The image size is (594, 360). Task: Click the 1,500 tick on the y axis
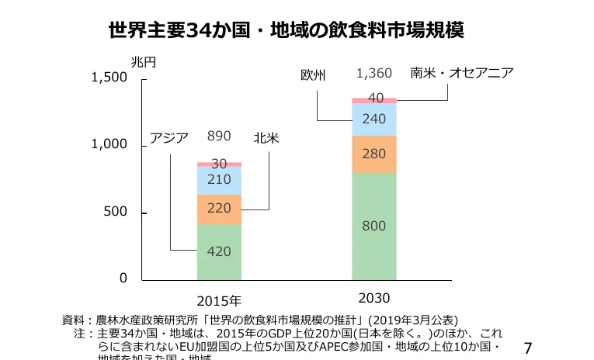click(x=109, y=78)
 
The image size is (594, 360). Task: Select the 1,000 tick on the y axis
click(x=109, y=145)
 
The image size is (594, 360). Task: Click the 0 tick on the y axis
click(x=123, y=278)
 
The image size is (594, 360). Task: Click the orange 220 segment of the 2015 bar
click(x=219, y=209)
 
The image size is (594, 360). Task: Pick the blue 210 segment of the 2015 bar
click(x=219, y=180)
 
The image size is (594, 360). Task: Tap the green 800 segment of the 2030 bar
click(x=373, y=227)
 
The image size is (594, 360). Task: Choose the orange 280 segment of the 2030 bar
click(x=373, y=154)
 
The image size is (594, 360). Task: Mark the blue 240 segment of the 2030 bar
click(x=373, y=119)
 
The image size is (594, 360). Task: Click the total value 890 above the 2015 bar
click(x=219, y=137)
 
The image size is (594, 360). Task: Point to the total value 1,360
click(x=373, y=74)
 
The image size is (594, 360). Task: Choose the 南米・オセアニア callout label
click(x=462, y=73)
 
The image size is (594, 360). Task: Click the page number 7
click(x=529, y=347)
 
